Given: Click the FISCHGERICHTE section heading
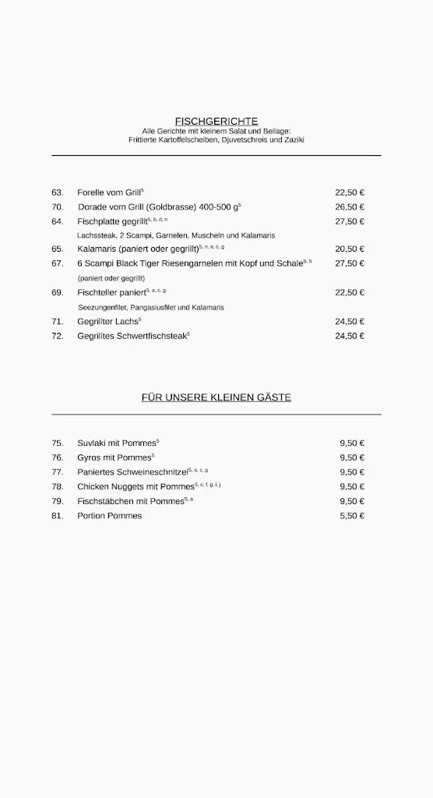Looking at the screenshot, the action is tap(216, 122).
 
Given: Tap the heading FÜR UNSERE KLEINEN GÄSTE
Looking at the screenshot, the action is tap(216, 397).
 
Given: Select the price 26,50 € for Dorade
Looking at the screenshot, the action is tap(350, 207).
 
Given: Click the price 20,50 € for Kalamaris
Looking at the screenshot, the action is tap(350, 249).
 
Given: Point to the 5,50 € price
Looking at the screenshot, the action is tap(352, 516).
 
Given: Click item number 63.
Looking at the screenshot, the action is tap(58, 192).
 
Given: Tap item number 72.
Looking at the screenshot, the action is tap(58, 336).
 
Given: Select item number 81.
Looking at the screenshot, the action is tap(58, 516).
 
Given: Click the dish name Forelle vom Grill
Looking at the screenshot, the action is tap(109, 192).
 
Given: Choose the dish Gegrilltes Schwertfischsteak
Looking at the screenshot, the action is tap(132, 336).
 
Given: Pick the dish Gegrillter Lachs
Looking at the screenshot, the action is tap(107, 321).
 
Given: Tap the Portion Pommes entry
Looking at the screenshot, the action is tap(110, 516).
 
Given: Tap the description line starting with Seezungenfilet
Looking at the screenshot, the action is tap(151, 307).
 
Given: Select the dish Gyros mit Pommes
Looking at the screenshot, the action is tap(114, 457).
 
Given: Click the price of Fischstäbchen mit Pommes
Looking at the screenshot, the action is tap(352, 501).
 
